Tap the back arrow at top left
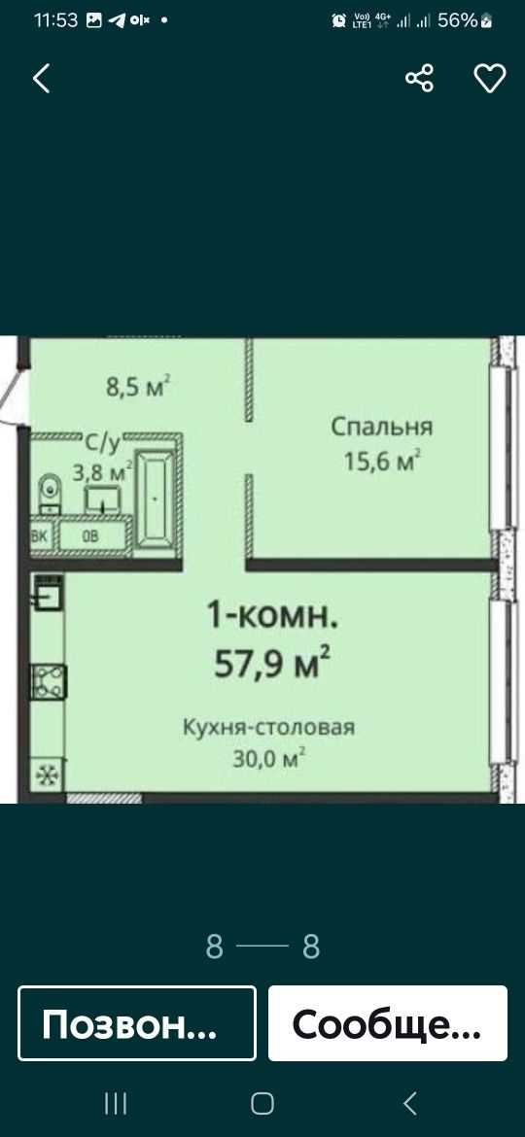click(x=42, y=79)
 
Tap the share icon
click(x=419, y=78)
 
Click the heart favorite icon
click(x=489, y=79)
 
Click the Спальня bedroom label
click(x=381, y=427)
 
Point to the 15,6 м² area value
click(x=383, y=461)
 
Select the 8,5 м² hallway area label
click(x=138, y=385)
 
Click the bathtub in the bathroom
click(x=156, y=499)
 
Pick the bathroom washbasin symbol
click(x=103, y=500)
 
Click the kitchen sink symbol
click(x=49, y=593)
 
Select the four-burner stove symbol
click(x=49, y=681)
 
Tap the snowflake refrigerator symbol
click(x=48, y=776)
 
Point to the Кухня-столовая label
click(x=268, y=727)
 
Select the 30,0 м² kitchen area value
click(x=268, y=758)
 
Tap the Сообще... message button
click(x=388, y=1023)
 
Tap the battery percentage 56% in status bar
click(x=458, y=20)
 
